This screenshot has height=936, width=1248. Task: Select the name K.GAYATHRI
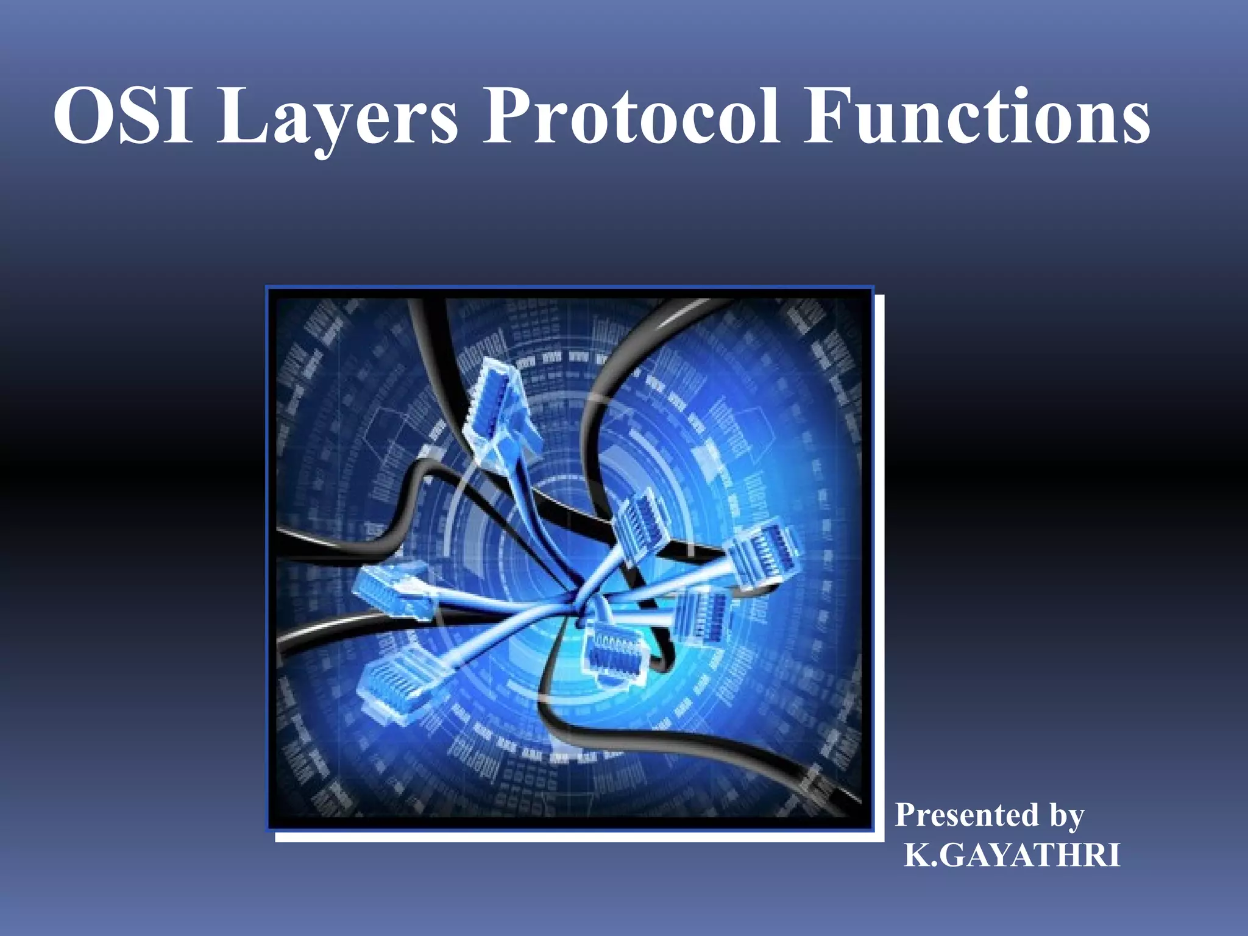pos(1012,855)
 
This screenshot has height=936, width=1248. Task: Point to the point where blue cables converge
pos(576,600)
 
